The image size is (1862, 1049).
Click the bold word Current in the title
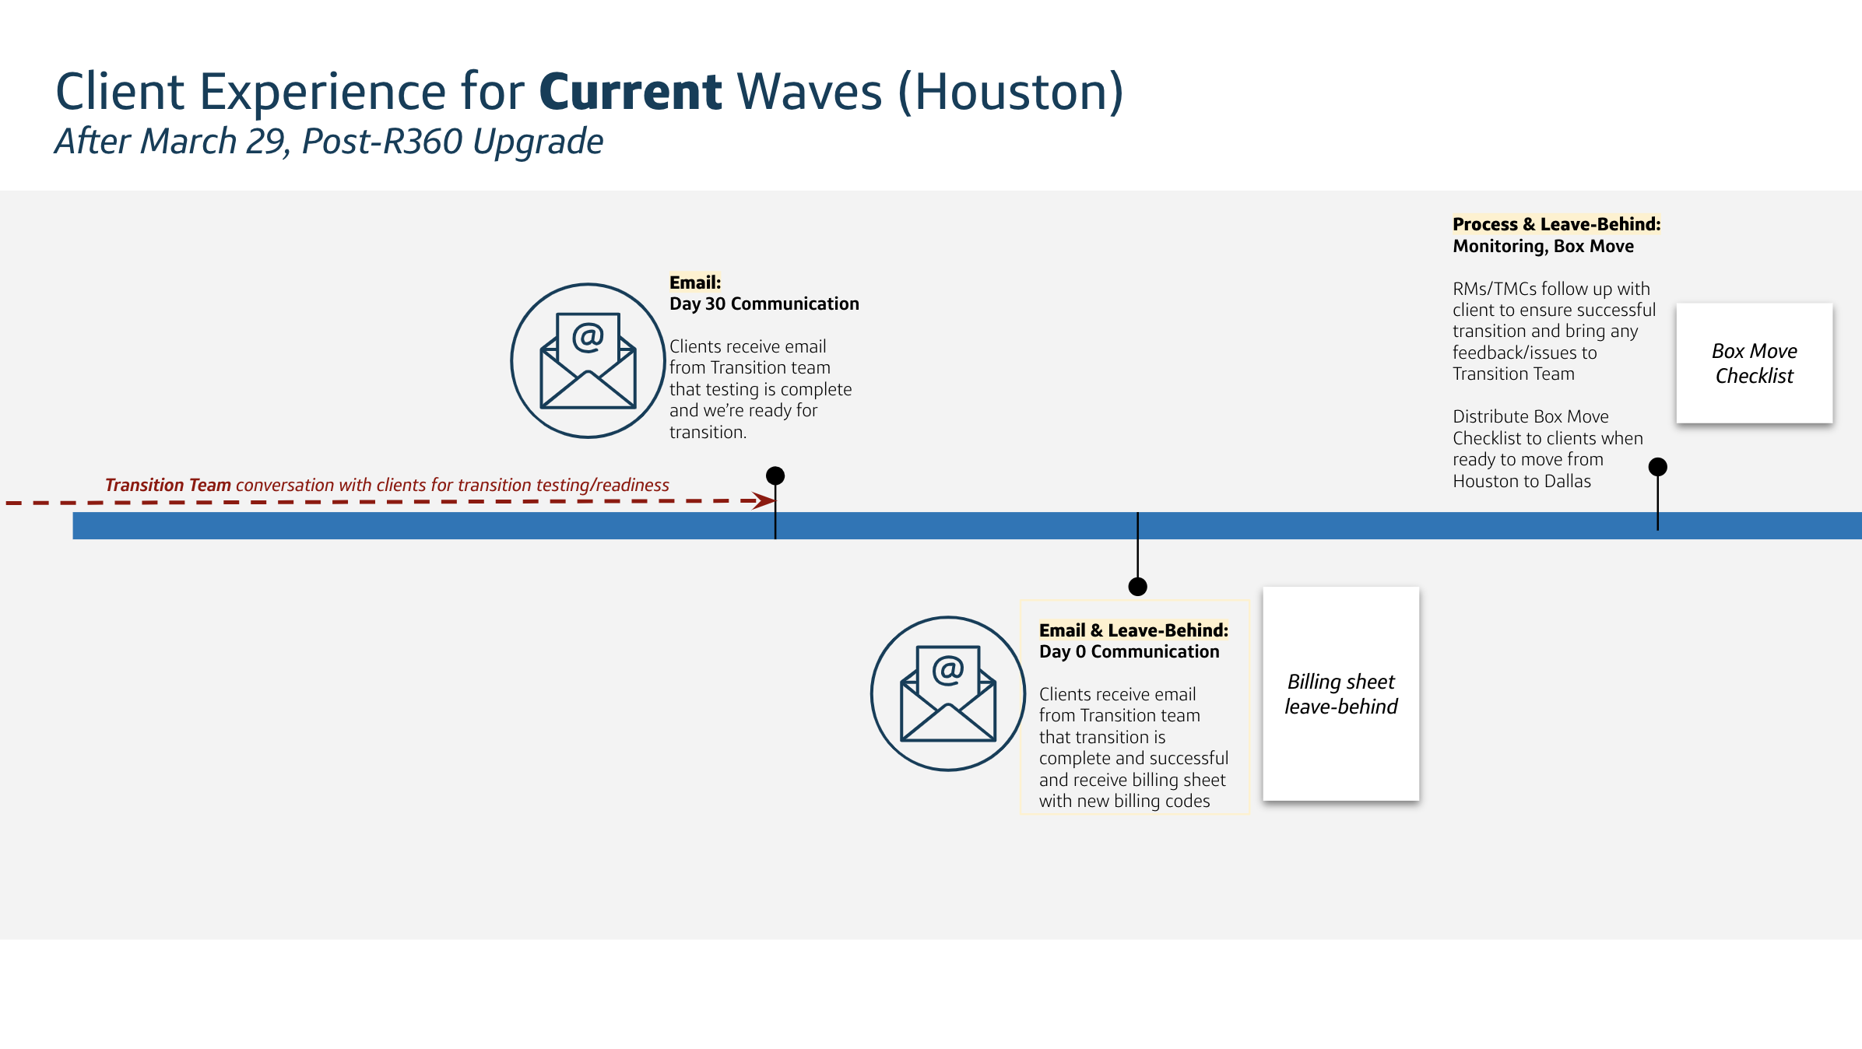pyautogui.click(x=631, y=92)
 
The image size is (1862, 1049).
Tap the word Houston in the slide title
pyautogui.click(x=1010, y=92)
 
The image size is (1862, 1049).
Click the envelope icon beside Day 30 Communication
pyautogui.click(x=588, y=360)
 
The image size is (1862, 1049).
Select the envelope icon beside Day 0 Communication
pyautogui.click(x=948, y=693)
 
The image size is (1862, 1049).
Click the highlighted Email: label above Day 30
pyautogui.click(x=695, y=282)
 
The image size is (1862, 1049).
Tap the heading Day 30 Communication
pyautogui.click(x=764, y=304)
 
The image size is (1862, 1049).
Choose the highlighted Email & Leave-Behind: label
pyautogui.click(x=1133, y=630)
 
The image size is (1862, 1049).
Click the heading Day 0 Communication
pyautogui.click(x=1129, y=652)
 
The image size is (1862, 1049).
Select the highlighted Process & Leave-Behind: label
pyautogui.click(x=1557, y=224)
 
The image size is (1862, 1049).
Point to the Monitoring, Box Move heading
pyautogui.click(x=1544, y=246)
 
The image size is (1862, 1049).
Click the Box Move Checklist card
pyautogui.click(x=1755, y=363)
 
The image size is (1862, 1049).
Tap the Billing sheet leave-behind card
pyautogui.click(x=1341, y=693)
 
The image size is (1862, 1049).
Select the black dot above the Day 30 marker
pyautogui.click(x=775, y=475)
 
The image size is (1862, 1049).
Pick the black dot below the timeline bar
pyautogui.click(x=1138, y=587)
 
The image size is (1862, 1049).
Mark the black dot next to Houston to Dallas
pyautogui.click(x=1658, y=467)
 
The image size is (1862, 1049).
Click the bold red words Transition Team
pyautogui.click(x=168, y=486)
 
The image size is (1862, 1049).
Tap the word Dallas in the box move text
pyautogui.click(x=1568, y=482)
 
